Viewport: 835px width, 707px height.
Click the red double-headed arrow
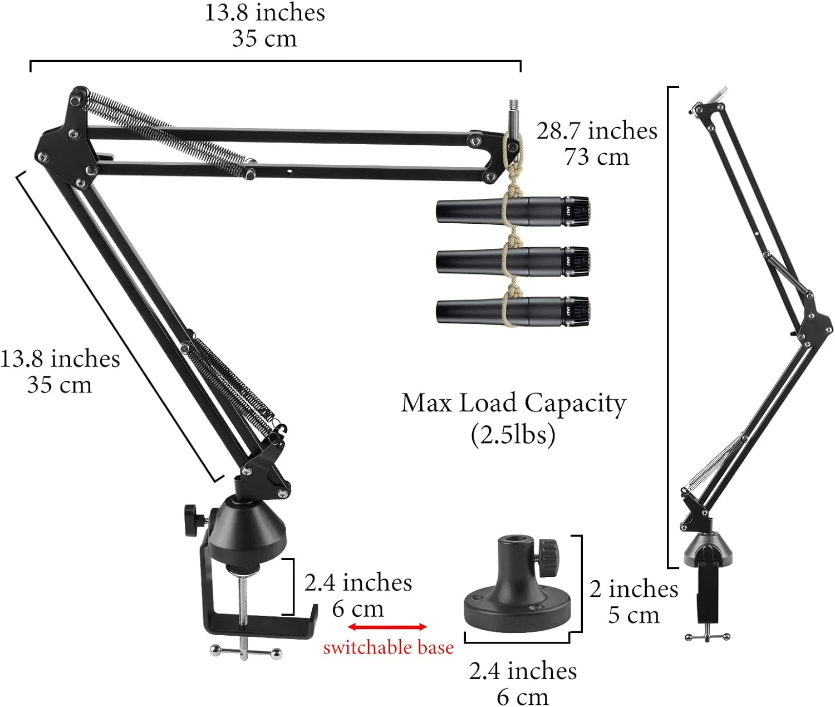[x=387, y=627]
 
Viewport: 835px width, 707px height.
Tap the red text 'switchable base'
[x=389, y=647]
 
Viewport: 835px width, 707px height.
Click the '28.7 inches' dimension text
[x=597, y=131]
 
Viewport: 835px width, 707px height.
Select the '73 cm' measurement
[x=597, y=157]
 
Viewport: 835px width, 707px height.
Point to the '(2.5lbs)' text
[x=513, y=435]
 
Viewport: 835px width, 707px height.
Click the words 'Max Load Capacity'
[x=513, y=404]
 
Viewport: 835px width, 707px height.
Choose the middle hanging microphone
[x=513, y=262]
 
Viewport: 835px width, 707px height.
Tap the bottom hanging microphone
[x=513, y=311]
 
